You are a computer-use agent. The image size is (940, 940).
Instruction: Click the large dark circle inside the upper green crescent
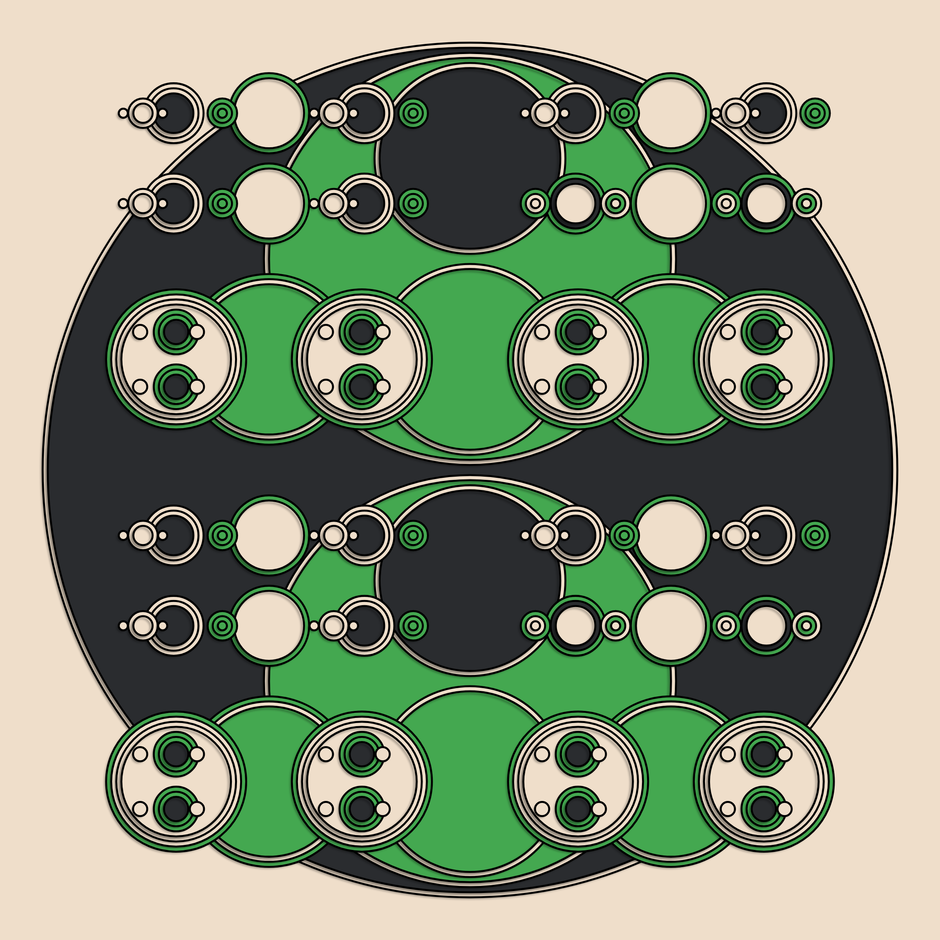point(470,158)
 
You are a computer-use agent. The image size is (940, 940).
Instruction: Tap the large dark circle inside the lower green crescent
point(470,580)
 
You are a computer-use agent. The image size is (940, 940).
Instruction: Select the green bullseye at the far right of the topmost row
point(815,113)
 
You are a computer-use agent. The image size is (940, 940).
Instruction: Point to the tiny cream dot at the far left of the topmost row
point(123,113)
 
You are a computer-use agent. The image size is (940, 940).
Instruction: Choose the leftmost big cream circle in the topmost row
point(269,113)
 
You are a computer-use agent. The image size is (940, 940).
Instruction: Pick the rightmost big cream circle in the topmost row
point(671,113)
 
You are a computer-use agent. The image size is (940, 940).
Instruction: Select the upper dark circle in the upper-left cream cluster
point(175,332)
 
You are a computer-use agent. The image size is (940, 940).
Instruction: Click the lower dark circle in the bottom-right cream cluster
point(763,809)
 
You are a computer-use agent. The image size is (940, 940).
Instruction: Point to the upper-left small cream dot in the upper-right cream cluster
point(728,332)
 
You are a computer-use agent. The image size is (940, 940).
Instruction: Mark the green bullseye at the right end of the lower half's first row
point(815,535)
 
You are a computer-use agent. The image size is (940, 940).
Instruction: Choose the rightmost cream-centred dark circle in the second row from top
point(766,203)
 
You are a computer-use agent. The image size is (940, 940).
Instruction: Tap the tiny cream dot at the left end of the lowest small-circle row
point(123,626)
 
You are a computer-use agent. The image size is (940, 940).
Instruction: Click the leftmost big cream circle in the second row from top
point(269,203)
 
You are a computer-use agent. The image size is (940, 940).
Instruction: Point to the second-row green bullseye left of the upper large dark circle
point(413,203)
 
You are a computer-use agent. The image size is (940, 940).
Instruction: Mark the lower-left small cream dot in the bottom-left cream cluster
point(140,809)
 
